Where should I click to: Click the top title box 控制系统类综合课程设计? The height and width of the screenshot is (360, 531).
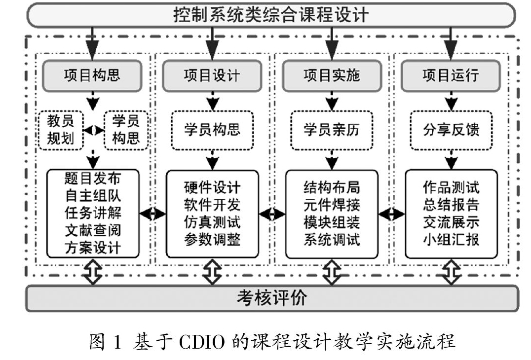(271, 15)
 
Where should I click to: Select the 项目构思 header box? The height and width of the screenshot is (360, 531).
(92, 76)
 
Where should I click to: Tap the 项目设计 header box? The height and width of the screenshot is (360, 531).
(212, 76)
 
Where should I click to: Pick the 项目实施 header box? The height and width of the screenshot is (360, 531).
(332, 76)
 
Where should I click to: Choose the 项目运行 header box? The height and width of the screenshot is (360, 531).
(451, 76)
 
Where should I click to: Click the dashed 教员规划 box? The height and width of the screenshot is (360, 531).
(61, 130)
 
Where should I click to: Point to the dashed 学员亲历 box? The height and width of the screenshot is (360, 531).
(332, 130)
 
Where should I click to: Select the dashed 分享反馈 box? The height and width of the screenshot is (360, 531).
(451, 130)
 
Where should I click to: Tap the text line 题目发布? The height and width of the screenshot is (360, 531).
(93, 178)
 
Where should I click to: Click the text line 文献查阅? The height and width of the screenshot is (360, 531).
(93, 230)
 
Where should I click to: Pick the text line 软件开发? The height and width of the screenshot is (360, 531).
(212, 204)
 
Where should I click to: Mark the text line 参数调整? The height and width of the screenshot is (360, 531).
(212, 240)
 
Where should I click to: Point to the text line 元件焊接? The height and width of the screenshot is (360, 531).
(332, 204)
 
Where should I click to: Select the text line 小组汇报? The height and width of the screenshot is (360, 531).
(451, 240)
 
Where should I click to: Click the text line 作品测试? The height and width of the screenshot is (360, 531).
(451, 187)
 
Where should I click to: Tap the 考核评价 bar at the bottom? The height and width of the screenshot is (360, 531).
(272, 298)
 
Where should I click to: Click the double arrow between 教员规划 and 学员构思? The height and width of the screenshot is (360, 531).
(93, 130)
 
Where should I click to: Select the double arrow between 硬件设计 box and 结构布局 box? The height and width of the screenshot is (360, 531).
(272, 214)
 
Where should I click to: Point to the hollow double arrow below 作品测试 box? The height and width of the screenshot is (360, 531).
(451, 272)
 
